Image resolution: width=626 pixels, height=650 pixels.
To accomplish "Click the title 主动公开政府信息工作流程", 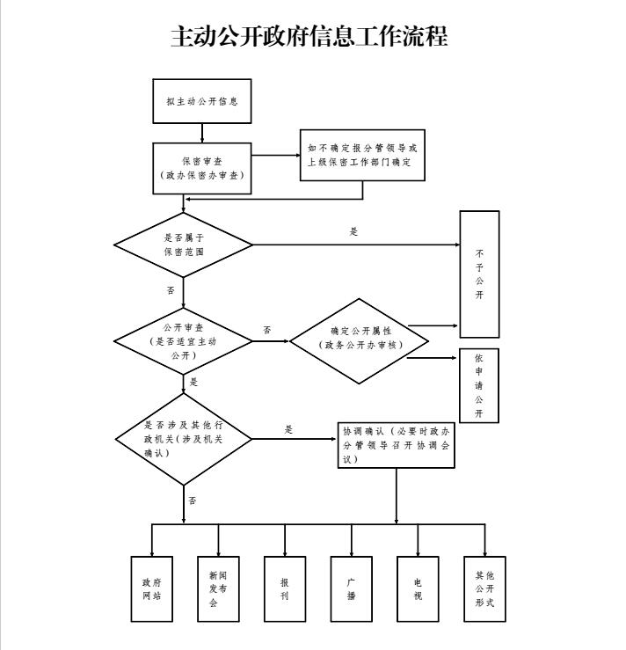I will click(309, 37).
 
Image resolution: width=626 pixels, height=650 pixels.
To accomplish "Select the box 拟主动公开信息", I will click(202, 101).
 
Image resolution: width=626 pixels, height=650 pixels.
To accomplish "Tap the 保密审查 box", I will click(202, 167).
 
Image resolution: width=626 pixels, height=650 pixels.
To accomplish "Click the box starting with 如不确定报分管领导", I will click(362, 156).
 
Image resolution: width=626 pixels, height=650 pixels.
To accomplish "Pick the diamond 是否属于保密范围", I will click(184, 244).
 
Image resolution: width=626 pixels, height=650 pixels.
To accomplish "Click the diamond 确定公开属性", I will click(360, 340).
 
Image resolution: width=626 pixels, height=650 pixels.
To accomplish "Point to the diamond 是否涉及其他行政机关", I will click(184, 438).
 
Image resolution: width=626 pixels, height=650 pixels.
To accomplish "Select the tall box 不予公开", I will click(479, 274).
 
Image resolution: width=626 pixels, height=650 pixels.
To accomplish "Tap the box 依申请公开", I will click(479, 386).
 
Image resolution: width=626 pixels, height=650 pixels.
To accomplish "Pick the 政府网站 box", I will click(152, 588).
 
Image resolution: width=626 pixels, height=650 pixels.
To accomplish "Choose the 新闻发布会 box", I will click(218, 588).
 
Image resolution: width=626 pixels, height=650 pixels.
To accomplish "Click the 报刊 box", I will click(285, 588).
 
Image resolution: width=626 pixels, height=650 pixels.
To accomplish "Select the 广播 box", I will click(351, 588).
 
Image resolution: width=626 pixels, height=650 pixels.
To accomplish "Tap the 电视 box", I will click(418, 588).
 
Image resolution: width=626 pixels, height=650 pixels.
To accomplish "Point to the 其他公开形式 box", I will click(484, 588).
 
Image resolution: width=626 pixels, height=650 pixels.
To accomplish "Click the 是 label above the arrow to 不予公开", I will click(354, 232).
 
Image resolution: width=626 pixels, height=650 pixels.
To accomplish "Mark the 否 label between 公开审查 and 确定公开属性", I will click(267, 331).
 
